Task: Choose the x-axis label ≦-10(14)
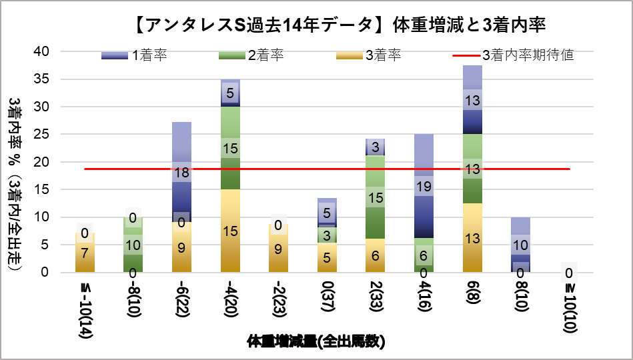tap(85, 307)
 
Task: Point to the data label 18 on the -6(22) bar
tap(181, 173)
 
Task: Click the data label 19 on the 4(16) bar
tap(424, 186)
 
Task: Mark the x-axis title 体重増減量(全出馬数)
tap(315, 342)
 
